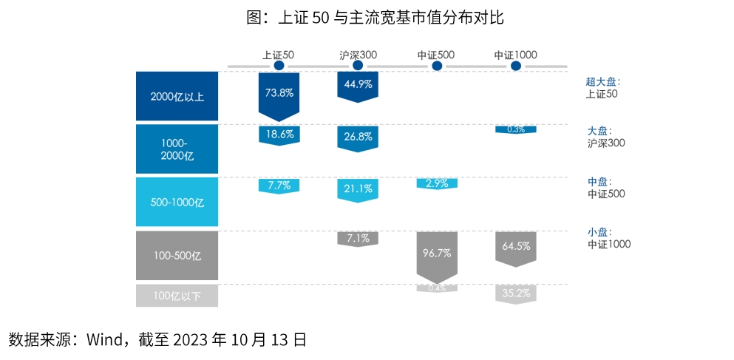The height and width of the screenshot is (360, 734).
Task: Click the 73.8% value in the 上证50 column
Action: click(x=279, y=93)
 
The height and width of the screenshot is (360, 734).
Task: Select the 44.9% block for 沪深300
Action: click(x=358, y=84)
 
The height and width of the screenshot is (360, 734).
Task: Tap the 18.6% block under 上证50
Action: click(x=279, y=135)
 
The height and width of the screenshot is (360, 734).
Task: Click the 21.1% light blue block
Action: click(x=358, y=189)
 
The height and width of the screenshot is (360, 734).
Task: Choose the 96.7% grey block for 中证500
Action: click(x=437, y=253)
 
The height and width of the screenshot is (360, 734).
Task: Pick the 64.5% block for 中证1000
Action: click(x=516, y=246)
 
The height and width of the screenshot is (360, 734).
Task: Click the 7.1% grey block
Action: click(x=358, y=238)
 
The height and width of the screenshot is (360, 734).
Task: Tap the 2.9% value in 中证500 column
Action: click(x=437, y=183)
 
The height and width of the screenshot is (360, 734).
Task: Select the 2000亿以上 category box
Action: click(x=177, y=96)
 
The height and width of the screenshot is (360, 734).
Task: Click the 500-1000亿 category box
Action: click(x=177, y=202)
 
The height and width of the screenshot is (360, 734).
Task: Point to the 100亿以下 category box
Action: click(x=177, y=296)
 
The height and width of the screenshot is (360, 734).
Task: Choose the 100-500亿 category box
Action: click(x=177, y=255)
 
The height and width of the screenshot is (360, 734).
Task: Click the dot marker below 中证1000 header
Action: click(x=516, y=66)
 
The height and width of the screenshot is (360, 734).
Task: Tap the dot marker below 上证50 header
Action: click(x=279, y=66)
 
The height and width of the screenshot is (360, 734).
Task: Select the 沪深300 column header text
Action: click(x=358, y=54)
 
